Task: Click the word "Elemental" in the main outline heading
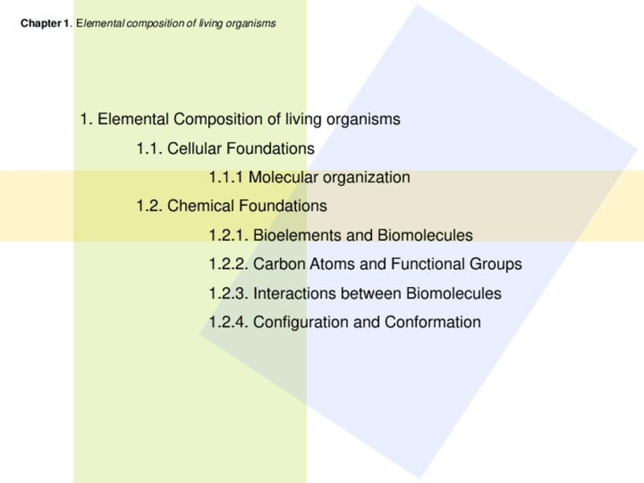(x=134, y=119)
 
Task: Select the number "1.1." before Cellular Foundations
(x=149, y=148)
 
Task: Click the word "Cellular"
(x=194, y=148)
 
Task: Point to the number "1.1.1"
(x=226, y=177)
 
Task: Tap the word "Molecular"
(x=283, y=177)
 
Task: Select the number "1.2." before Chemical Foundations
(x=149, y=206)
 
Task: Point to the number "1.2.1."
(x=229, y=235)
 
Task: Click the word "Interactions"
(x=294, y=293)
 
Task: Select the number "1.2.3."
(x=229, y=293)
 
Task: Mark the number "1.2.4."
(x=229, y=322)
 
